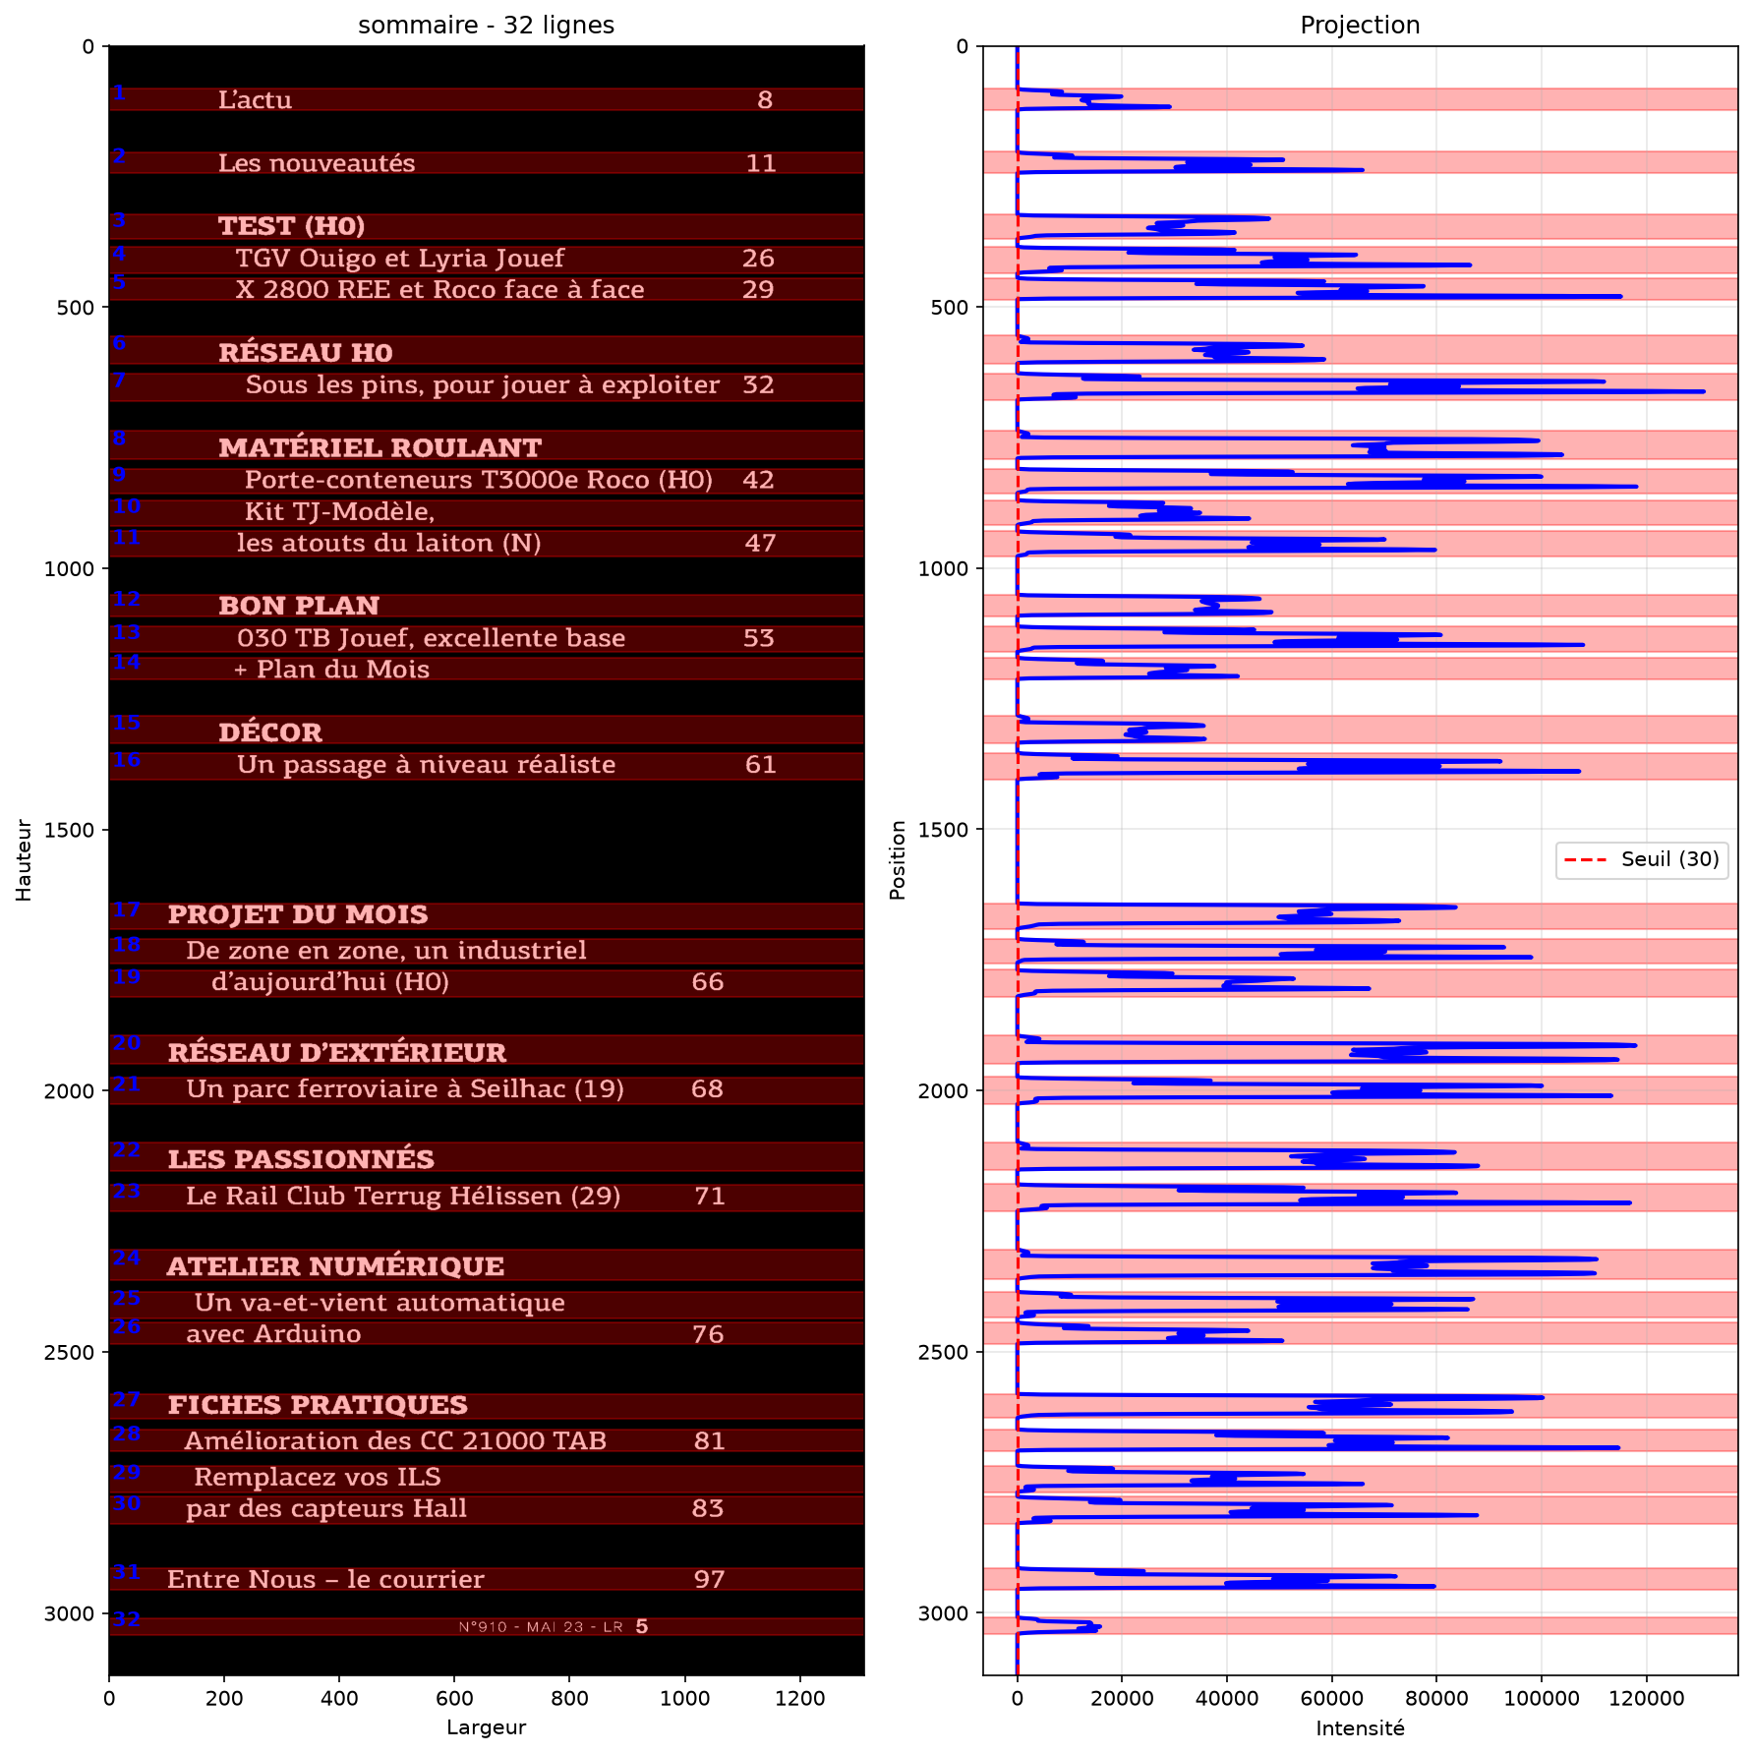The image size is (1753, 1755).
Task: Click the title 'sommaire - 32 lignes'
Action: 486,25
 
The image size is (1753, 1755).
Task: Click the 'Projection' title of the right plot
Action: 1360,25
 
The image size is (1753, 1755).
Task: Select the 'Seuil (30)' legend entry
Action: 1669,859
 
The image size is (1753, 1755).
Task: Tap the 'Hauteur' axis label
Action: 24,860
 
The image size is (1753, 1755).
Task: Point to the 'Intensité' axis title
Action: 1360,1727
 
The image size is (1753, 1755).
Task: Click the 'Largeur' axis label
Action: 486,1727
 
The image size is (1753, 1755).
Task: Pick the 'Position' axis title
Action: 897,860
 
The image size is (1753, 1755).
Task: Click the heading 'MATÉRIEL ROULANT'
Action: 380,447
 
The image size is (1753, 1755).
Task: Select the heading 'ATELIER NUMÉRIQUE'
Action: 335,1265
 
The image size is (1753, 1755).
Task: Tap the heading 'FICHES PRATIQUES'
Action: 318,1405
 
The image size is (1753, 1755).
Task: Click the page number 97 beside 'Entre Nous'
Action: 709,1579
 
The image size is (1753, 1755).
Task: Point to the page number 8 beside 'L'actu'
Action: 765,99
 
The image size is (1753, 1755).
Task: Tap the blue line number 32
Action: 126,1618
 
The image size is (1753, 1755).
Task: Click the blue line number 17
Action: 126,909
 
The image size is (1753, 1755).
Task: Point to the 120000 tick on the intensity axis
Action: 1646,1698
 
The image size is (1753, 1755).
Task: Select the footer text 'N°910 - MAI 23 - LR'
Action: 541,1627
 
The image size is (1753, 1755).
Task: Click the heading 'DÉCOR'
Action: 270,731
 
